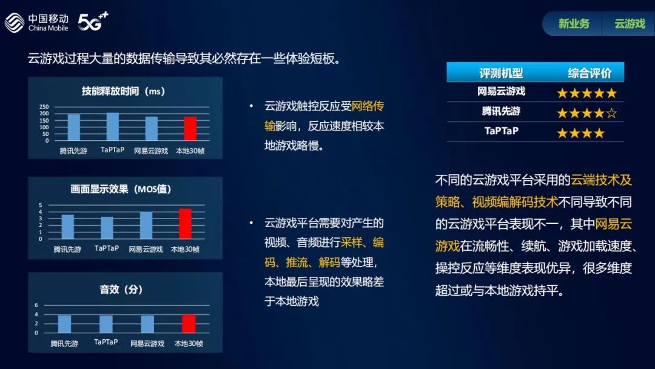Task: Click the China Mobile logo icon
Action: click(x=15, y=22)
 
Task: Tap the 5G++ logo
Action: click(x=93, y=21)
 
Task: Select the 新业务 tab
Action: click(x=574, y=24)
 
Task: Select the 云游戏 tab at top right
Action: click(x=630, y=24)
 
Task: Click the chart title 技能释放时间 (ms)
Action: click(x=123, y=91)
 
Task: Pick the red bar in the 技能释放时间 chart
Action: click(x=190, y=128)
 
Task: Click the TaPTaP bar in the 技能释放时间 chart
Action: click(x=112, y=126)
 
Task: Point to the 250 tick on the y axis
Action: click(x=44, y=107)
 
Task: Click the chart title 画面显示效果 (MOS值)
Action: click(x=121, y=189)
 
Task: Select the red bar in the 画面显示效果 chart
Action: click(x=186, y=223)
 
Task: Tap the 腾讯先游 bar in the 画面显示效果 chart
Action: click(x=68, y=226)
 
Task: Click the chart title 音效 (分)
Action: click(x=121, y=289)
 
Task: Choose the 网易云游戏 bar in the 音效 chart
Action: click(x=147, y=324)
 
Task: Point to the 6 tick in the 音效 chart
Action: click(x=36, y=305)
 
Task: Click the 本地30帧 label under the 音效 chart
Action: click(x=189, y=344)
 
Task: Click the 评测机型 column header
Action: click(x=501, y=73)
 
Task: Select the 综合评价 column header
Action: click(x=589, y=73)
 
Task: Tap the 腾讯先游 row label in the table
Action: click(x=501, y=111)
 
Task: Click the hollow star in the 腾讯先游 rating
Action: click(x=611, y=113)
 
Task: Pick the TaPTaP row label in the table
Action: click(x=502, y=131)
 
